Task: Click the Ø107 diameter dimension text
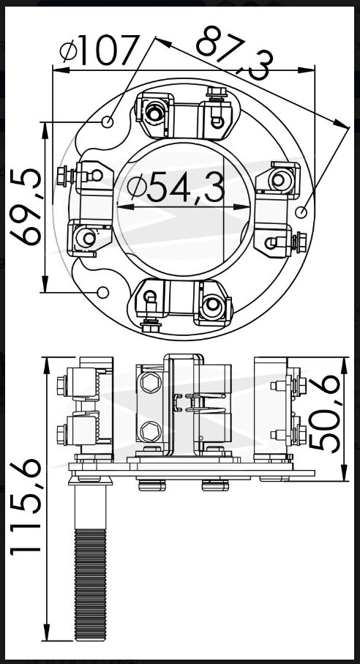point(100,49)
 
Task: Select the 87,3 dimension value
point(235,52)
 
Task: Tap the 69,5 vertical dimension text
point(26,206)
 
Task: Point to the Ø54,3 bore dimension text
point(176,187)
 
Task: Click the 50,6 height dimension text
point(324,414)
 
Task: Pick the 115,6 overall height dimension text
point(26,507)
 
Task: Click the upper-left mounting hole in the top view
point(108,122)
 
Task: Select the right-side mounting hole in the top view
point(301,212)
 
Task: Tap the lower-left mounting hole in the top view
point(102,292)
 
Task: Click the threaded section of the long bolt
point(90,584)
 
